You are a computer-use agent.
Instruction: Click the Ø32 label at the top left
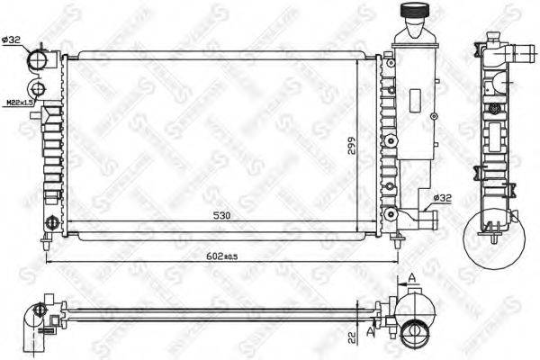(12, 39)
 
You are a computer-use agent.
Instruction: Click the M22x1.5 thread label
(17, 103)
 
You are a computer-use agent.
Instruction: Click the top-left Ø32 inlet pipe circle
(39, 59)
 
